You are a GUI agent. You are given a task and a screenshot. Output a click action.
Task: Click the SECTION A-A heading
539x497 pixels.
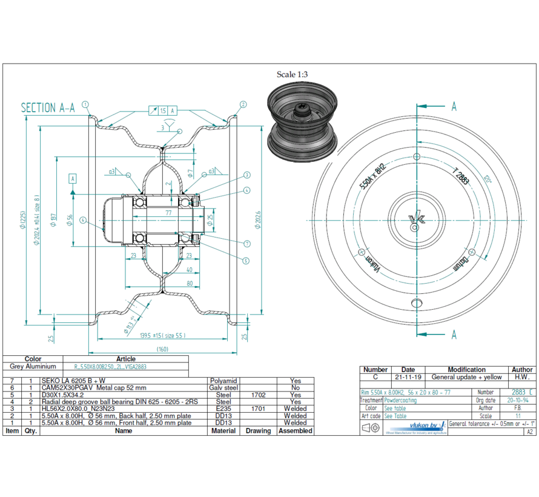coord(48,108)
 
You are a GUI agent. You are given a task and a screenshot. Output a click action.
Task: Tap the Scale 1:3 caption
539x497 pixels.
coord(293,75)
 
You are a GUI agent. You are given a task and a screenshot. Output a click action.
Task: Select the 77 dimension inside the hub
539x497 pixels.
coord(168,212)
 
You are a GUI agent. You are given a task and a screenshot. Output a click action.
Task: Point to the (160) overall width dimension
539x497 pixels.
coord(162,349)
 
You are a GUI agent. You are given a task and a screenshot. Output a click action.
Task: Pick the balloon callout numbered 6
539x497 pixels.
coord(82,220)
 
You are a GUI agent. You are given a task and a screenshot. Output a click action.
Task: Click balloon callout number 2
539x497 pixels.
coord(243,104)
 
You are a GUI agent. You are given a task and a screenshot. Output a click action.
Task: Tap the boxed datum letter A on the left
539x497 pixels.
coord(73,178)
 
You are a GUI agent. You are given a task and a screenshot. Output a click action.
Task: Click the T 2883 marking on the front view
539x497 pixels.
coord(462,177)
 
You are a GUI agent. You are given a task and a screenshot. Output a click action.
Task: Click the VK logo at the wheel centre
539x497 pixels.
coord(415,219)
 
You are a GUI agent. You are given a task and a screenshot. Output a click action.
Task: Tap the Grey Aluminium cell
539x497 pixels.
coord(33,367)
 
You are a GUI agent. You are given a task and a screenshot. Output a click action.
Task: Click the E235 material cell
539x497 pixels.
coord(223,409)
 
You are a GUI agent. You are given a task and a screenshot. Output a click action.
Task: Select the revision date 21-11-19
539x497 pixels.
coord(408,377)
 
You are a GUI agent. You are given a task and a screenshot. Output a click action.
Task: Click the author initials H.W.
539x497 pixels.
coord(522,377)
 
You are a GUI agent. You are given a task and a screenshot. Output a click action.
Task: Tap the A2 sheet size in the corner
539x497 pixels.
coord(529,432)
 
